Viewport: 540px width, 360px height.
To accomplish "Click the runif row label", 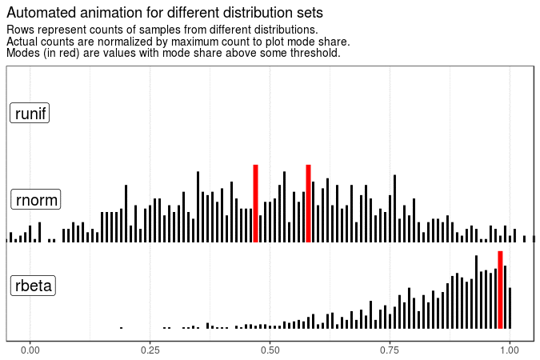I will coord(30,114).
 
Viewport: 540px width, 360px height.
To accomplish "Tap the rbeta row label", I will coord(32,286).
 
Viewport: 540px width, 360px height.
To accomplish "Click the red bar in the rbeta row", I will coord(500,290).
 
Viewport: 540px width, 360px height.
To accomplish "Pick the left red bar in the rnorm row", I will coord(255,203).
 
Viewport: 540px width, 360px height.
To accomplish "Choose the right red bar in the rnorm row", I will coord(308,203).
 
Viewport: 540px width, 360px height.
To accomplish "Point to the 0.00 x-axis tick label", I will coord(30,350).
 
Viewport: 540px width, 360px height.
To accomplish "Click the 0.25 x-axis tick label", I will coord(150,350).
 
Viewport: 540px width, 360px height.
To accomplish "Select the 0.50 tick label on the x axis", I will coord(270,350).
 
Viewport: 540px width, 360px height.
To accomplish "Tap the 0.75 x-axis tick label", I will coord(390,350).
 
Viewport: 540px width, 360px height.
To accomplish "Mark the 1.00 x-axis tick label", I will coord(510,350).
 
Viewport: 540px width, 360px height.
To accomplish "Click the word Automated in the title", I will coord(40,13).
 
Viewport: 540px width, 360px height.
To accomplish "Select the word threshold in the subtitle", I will coord(314,53).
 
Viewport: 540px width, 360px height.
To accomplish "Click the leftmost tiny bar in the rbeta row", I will coord(121,327).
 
